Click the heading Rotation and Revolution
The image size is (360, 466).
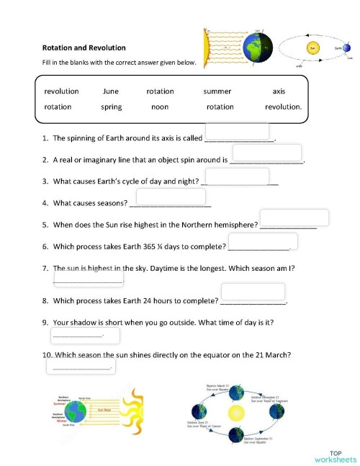[x=84, y=48]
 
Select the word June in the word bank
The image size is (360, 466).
[x=111, y=91]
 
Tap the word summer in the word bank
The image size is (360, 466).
[x=217, y=91]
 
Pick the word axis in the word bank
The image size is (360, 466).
[x=279, y=91]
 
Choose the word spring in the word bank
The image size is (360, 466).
[x=112, y=107]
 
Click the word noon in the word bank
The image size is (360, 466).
[x=160, y=107]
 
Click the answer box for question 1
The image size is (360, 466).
[x=237, y=131]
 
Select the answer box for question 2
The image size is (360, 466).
[x=266, y=153]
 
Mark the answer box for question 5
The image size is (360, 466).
[x=294, y=218]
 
